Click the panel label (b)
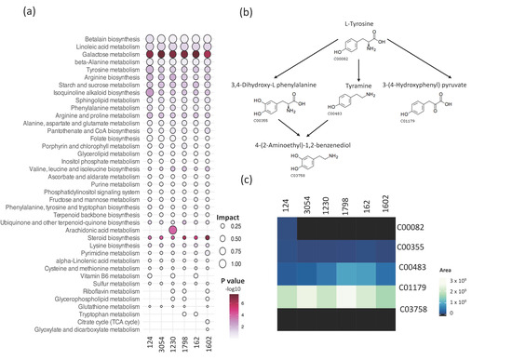[x=274, y=13]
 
